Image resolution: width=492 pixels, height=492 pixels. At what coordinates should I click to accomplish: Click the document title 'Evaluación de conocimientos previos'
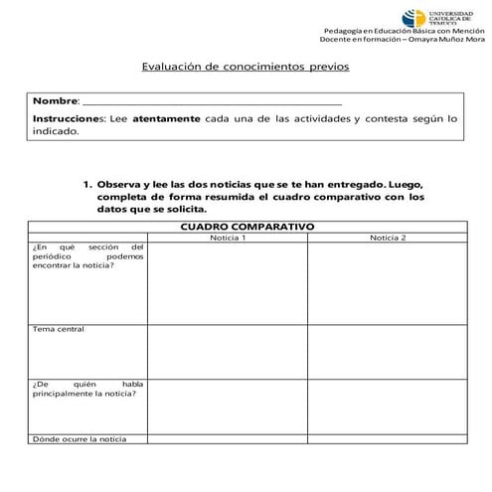click(x=246, y=69)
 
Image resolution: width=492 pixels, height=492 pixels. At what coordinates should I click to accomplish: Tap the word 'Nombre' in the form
click(x=55, y=102)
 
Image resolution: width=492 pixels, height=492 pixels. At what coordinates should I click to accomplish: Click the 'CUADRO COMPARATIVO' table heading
click(x=246, y=227)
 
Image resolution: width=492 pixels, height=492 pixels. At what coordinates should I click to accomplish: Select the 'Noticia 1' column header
click(x=228, y=238)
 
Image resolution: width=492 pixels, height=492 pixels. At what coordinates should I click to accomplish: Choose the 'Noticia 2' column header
click(x=387, y=238)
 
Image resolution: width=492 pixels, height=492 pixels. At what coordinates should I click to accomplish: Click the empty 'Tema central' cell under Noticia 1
click(x=228, y=350)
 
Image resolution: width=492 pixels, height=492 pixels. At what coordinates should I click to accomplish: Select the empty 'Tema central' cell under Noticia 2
click(x=387, y=350)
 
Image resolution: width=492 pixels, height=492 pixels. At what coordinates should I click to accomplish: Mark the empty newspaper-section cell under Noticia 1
click(x=228, y=283)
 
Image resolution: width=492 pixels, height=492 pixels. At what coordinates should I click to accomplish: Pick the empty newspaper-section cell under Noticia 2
click(x=387, y=283)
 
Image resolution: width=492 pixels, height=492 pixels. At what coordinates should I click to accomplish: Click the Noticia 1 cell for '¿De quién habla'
click(x=228, y=405)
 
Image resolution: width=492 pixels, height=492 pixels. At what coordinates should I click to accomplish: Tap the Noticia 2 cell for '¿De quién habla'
click(x=387, y=405)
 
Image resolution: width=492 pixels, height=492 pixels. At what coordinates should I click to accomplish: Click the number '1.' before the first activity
click(x=87, y=185)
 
